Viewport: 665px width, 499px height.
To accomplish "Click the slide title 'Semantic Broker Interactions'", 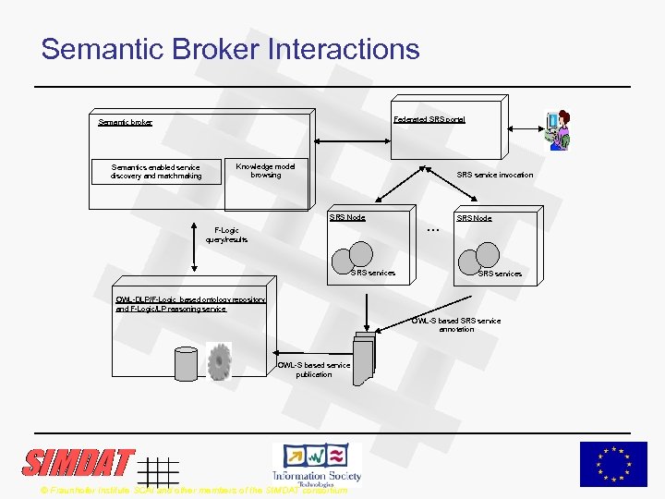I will [x=230, y=48].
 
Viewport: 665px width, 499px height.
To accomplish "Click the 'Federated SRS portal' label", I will [x=429, y=119].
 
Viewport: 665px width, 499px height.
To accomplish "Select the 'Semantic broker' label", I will [x=126, y=122].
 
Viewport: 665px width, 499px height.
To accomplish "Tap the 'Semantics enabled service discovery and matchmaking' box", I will [x=156, y=172].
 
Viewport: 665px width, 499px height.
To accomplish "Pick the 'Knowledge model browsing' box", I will [x=265, y=171].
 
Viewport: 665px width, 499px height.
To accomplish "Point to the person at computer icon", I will [x=559, y=130].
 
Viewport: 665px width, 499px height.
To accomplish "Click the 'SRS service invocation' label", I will [x=495, y=175].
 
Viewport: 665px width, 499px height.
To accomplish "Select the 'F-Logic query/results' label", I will [x=226, y=235].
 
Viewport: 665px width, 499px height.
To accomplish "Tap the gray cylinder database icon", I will [x=187, y=363].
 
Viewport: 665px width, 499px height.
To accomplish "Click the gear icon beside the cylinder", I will [x=220, y=362].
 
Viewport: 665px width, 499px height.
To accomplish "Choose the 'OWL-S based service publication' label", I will [x=314, y=370].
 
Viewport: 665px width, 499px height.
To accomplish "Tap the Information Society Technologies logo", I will [x=316, y=463].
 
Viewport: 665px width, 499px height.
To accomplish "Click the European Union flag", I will [x=613, y=464].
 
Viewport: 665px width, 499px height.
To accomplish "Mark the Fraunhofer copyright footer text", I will [x=194, y=490].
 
